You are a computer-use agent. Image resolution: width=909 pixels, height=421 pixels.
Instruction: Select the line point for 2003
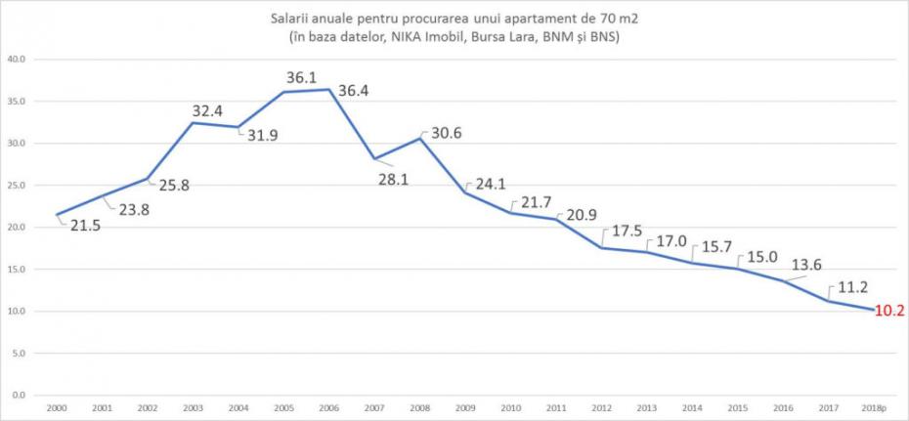tap(193, 123)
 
